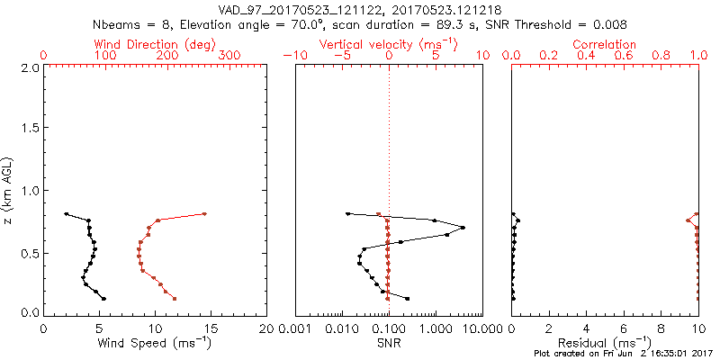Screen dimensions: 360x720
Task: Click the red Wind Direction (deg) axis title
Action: coord(156,44)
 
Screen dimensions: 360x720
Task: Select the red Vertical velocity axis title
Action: coord(389,44)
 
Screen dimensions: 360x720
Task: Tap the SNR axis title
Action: coord(389,342)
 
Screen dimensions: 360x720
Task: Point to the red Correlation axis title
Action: coord(605,44)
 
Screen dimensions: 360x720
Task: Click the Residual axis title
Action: coord(605,342)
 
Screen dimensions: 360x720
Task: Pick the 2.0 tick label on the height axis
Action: coord(31,67)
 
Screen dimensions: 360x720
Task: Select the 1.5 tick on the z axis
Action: coord(31,129)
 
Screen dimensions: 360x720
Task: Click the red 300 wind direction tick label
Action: coord(229,56)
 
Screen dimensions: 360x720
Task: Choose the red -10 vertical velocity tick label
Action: coord(293,56)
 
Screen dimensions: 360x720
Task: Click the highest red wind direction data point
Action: coord(204,213)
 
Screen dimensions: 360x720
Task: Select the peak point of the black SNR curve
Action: coord(463,227)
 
